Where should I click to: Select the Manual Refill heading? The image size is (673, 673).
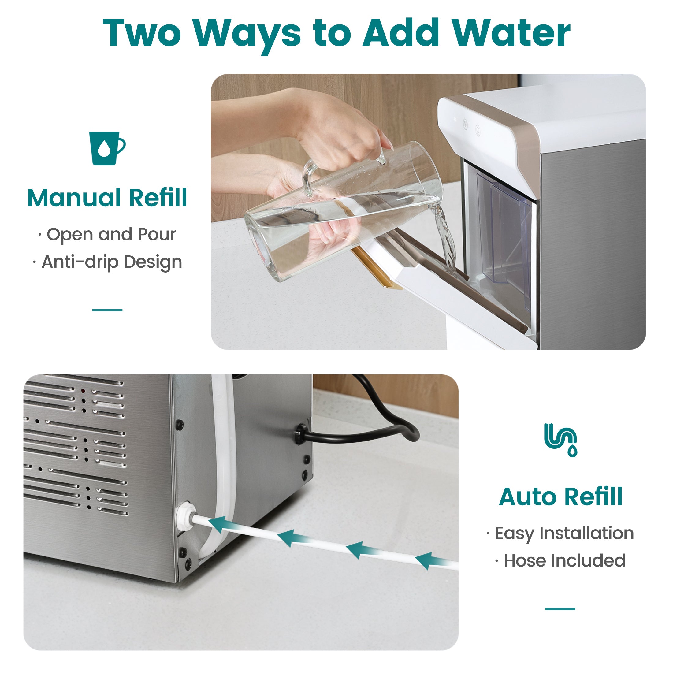pyautogui.click(x=107, y=198)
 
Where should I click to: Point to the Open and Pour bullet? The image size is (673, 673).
pyautogui.click(x=107, y=234)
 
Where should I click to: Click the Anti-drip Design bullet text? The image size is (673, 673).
pyautogui.click(x=107, y=262)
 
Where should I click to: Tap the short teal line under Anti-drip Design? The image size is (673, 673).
pyautogui.click(x=107, y=310)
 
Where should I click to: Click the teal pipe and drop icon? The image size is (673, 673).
pyautogui.click(x=560, y=440)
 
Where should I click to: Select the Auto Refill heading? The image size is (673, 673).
pyautogui.click(x=560, y=496)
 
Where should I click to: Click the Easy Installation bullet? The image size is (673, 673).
pyautogui.click(x=560, y=533)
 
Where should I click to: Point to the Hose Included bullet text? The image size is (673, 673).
pyautogui.click(x=560, y=561)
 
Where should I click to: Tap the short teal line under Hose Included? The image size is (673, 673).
pyautogui.click(x=560, y=609)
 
